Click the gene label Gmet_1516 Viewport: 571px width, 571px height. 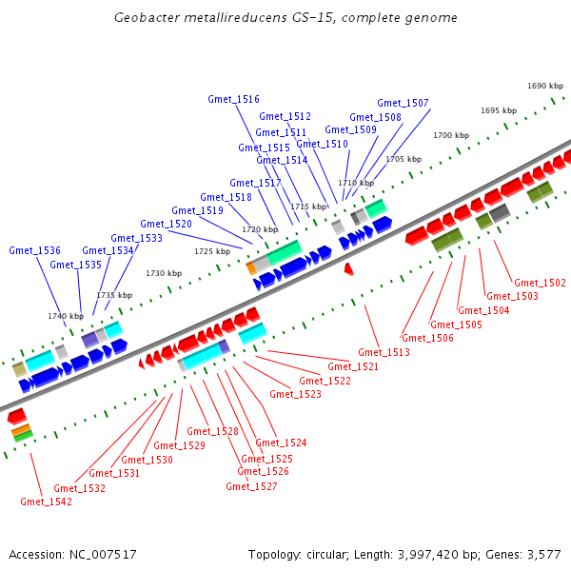[x=233, y=99]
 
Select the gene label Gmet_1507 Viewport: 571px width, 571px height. [x=403, y=103]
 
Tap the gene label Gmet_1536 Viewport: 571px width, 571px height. [x=35, y=250]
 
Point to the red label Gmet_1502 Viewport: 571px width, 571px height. [x=540, y=283]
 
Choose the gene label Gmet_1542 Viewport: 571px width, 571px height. [x=46, y=502]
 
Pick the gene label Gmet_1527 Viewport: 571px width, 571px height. [x=251, y=486]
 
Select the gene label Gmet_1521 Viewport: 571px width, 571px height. [x=353, y=366]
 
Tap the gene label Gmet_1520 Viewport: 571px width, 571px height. [x=167, y=225]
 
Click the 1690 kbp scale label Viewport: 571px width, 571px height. [x=545, y=86]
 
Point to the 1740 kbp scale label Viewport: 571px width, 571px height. [x=66, y=316]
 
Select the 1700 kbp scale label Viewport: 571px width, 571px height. [x=451, y=135]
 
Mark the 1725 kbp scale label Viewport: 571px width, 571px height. [x=212, y=251]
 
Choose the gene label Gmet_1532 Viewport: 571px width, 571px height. [x=79, y=488]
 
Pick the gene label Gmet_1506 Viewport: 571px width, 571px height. [x=427, y=338]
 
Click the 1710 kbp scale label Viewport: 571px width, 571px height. [x=355, y=182]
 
